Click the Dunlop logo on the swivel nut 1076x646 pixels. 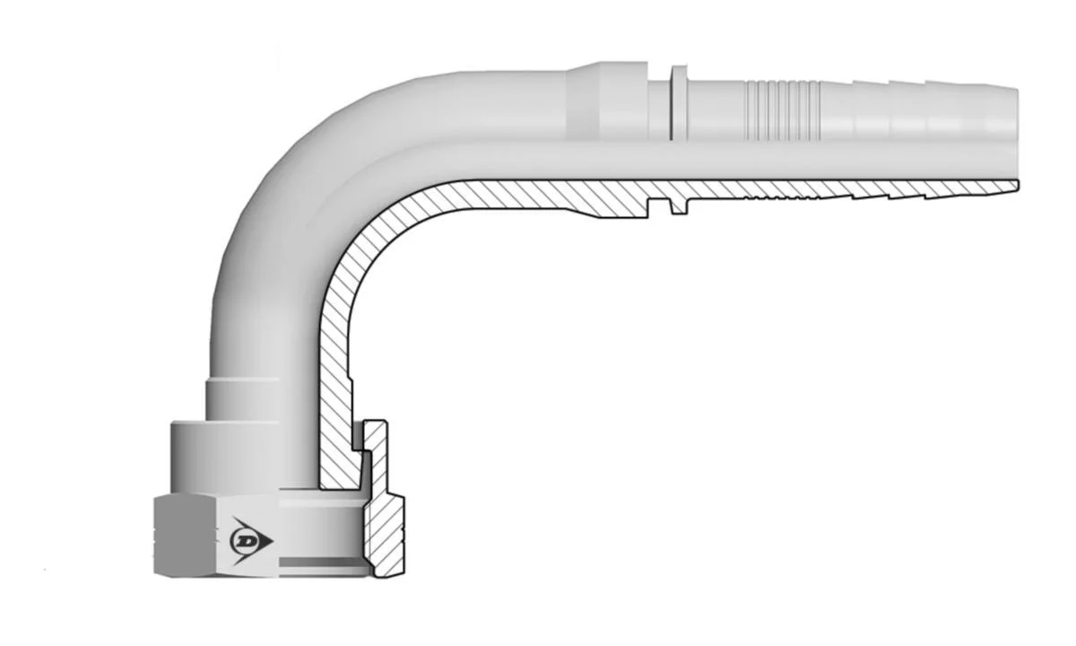(251, 541)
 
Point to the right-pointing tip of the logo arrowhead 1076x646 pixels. (273, 542)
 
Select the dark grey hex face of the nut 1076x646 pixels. (185, 536)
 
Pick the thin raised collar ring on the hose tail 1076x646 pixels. (679, 103)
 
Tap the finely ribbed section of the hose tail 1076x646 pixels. (782, 110)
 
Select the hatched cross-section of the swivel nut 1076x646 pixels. (383, 500)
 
